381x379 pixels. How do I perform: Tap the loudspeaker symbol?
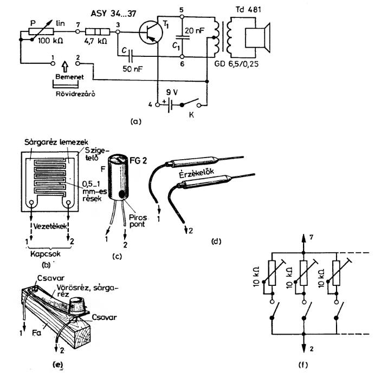click(257, 38)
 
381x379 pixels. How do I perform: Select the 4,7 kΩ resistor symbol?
click(98, 32)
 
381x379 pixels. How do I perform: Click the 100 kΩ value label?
click(50, 41)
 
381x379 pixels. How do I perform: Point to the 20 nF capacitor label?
click(195, 30)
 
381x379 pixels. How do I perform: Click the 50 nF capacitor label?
click(132, 69)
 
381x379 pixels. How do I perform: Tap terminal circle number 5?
click(182, 17)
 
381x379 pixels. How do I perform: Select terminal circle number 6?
click(182, 56)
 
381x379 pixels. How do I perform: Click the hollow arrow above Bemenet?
click(65, 67)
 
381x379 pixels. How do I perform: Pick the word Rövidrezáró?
click(75, 94)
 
